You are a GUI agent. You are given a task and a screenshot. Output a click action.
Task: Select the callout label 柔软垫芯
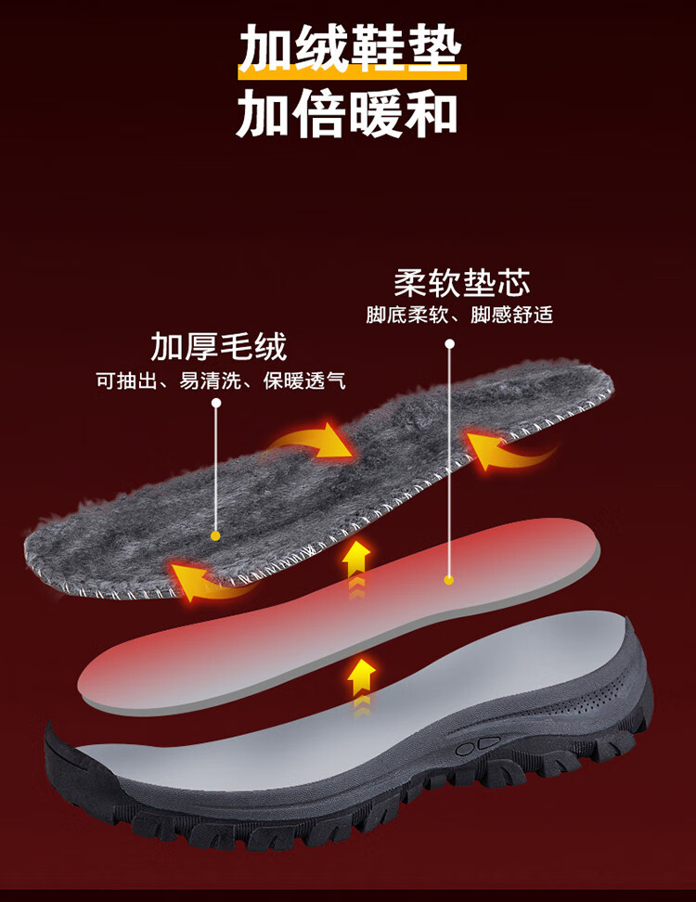coord(461,281)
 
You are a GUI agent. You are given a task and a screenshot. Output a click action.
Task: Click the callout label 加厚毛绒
coord(218,346)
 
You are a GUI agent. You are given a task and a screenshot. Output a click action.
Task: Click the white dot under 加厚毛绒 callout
coord(216,404)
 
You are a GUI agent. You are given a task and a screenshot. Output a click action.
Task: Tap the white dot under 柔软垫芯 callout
coord(449,343)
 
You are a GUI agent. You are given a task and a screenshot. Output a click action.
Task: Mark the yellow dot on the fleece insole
coord(215,535)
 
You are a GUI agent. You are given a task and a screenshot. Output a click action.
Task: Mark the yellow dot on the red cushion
coord(449,580)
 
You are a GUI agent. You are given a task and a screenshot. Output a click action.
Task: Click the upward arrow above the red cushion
coord(355,561)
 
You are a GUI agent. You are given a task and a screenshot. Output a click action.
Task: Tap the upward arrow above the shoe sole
coord(361,682)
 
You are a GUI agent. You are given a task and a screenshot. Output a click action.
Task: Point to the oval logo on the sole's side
coord(477,745)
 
